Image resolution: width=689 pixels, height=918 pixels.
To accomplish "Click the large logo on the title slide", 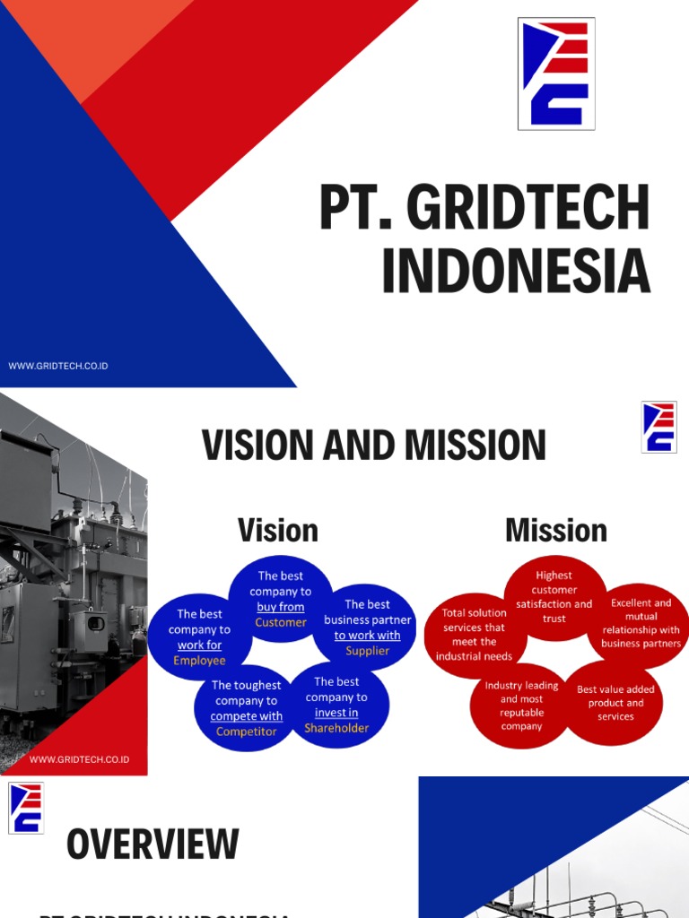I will (x=556, y=74).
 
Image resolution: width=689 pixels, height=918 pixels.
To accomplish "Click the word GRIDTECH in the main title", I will (x=528, y=208).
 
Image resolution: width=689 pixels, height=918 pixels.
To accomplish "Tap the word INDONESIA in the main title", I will (x=516, y=270).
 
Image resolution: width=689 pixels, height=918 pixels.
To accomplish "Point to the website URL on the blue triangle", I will (x=58, y=366).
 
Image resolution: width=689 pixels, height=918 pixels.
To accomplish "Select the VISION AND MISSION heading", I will (x=373, y=446).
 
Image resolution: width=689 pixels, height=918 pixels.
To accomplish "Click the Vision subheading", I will (x=277, y=530).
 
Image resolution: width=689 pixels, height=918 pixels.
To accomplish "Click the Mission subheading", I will (x=556, y=530).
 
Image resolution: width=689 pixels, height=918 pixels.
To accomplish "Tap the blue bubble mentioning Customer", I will (x=280, y=599).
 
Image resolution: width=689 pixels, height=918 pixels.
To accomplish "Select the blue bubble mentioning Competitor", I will (x=246, y=708).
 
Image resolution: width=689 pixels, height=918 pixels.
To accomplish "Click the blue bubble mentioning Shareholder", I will (x=336, y=705).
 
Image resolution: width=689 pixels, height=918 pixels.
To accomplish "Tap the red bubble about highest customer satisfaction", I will (x=554, y=597).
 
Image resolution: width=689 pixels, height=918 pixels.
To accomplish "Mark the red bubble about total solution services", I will (x=474, y=634).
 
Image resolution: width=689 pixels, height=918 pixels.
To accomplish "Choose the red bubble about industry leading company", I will (x=521, y=706).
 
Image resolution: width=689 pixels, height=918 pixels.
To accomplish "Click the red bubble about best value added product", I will (x=615, y=703).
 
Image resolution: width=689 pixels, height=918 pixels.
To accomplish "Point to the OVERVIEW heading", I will (x=153, y=844).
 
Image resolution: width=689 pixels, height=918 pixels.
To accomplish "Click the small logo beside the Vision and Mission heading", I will (x=658, y=427).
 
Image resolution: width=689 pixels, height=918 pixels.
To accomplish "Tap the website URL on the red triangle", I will (x=79, y=759).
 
